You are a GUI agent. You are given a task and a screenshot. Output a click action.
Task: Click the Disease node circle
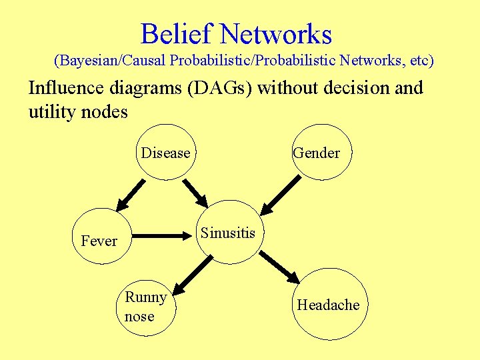tap(166, 153)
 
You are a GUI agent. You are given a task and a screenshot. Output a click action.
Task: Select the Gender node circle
tap(322, 153)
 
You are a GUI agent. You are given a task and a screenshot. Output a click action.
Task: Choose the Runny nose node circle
tap(146, 307)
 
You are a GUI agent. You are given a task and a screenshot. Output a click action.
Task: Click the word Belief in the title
tap(176, 34)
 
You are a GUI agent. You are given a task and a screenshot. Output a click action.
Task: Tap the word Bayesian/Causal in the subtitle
tap(111, 61)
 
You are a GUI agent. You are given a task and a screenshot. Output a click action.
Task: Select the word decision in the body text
tap(355, 88)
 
